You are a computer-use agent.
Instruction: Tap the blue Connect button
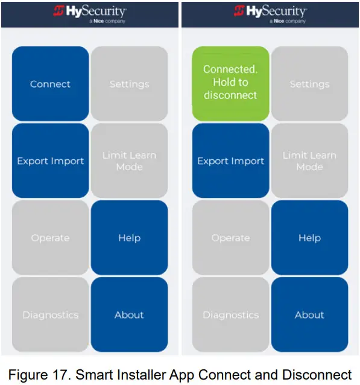click(50, 84)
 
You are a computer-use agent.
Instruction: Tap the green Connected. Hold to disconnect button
click(230, 83)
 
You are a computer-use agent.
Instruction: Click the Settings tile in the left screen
click(129, 84)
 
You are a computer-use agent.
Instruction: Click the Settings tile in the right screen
click(309, 84)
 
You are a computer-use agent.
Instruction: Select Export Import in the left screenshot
click(50, 161)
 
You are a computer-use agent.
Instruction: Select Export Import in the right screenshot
click(230, 161)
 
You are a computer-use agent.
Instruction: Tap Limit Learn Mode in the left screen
click(129, 161)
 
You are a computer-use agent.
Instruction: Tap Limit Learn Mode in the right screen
click(309, 161)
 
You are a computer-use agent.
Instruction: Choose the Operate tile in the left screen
click(50, 238)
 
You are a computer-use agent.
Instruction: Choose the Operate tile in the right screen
click(230, 238)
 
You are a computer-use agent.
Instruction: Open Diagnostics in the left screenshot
click(50, 314)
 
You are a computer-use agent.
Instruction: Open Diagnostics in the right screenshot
click(230, 314)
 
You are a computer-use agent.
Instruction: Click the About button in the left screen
click(129, 314)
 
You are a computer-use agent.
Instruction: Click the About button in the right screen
click(309, 314)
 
